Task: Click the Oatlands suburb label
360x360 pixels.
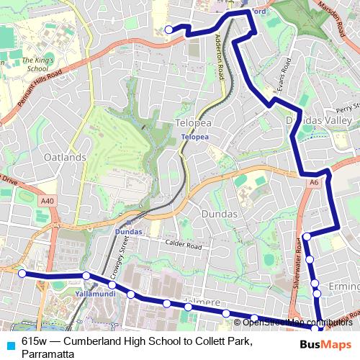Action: [64, 157]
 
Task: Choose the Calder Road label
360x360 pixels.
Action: [181, 244]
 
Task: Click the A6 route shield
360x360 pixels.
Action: [313, 184]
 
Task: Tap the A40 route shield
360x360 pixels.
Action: [48, 201]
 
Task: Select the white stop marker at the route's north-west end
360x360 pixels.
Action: [169, 30]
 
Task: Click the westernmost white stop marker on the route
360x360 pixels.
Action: [22, 273]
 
